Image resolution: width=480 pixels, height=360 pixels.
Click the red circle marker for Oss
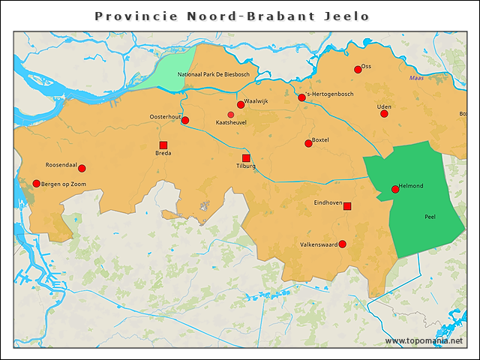pyautogui.click(x=358, y=70)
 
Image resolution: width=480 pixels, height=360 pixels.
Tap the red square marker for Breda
pyautogui.click(x=163, y=145)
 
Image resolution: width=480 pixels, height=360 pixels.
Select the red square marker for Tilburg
pyautogui.click(x=246, y=158)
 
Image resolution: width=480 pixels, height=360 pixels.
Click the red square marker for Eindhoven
pyautogui.click(x=346, y=205)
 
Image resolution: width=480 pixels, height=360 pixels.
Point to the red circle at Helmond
pyautogui.click(x=395, y=189)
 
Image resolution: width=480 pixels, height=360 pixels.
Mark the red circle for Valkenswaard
pyautogui.click(x=342, y=244)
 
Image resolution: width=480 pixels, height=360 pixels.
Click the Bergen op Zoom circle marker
pyautogui.click(x=36, y=183)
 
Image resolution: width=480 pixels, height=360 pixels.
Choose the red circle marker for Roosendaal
pyautogui.click(x=82, y=168)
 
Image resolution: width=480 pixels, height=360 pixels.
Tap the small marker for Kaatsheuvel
pyautogui.click(x=231, y=114)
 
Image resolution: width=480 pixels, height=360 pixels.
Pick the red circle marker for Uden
pyautogui.click(x=384, y=113)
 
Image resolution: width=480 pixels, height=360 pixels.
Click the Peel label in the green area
pyautogui.click(x=430, y=216)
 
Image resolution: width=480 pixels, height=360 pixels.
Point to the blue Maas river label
pyautogui.click(x=416, y=79)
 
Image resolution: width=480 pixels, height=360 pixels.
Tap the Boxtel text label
pyautogui.click(x=320, y=139)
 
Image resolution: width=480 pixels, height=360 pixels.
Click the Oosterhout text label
pyautogui.click(x=165, y=117)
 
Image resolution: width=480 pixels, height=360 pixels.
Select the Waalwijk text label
pyautogui.click(x=256, y=101)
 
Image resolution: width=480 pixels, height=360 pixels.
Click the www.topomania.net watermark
pyautogui.click(x=424, y=341)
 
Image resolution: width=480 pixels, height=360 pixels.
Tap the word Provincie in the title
pyautogui.click(x=136, y=16)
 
